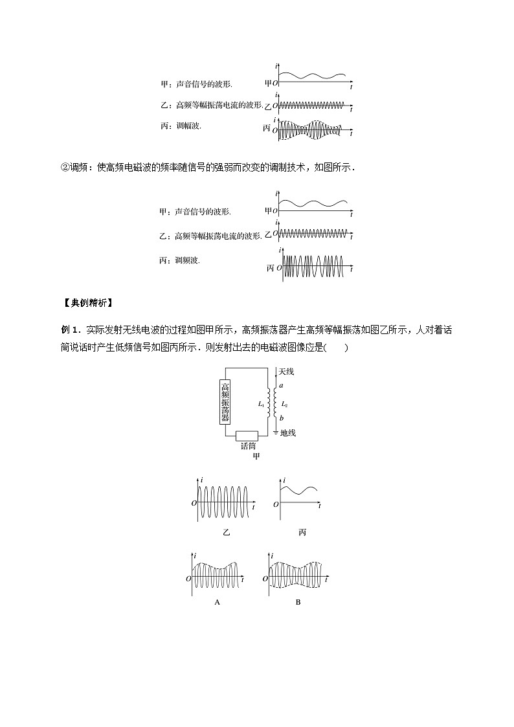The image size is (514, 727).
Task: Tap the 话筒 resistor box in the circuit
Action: [x=247, y=436]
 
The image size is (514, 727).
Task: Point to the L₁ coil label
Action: [x=261, y=404]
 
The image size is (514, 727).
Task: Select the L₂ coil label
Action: [x=285, y=405]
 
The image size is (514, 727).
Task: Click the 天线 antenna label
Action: [x=286, y=372]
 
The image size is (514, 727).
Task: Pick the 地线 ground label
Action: [x=288, y=432]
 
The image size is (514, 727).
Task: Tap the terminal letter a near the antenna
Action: [x=282, y=385]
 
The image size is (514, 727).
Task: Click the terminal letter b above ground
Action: [x=282, y=418]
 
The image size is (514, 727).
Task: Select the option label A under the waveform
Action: [x=217, y=602]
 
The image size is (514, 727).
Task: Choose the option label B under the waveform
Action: [x=298, y=602]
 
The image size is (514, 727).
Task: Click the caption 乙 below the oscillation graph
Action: [x=226, y=532]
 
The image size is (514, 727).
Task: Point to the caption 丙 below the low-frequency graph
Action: [x=302, y=532]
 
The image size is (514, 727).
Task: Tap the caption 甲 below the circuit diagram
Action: [x=256, y=456]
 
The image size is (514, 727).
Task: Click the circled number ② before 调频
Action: [x=65, y=168]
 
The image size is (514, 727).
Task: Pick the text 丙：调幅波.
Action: [x=181, y=126]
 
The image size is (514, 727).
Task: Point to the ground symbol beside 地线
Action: [x=275, y=432]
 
